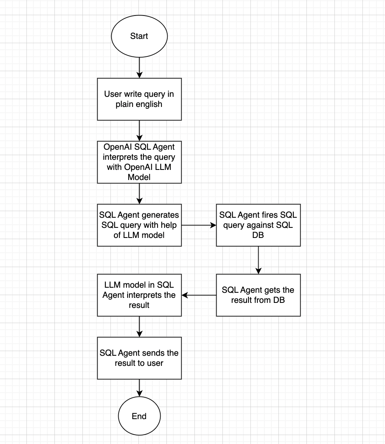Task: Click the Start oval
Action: [x=139, y=36]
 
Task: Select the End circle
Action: [x=139, y=416]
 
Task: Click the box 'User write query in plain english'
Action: [x=139, y=99]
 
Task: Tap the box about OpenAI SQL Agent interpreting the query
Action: [x=139, y=162]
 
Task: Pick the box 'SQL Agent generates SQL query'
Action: [x=139, y=225]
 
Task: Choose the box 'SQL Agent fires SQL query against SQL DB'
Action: [x=258, y=225]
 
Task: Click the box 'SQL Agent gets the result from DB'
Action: [x=258, y=295]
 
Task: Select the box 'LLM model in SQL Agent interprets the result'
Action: [x=139, y=295]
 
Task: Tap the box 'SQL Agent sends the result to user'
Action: [x=139, y=358]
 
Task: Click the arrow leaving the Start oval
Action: [x=139, y=68]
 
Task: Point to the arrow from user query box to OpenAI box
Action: [x=139, y=131]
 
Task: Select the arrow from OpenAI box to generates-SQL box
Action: [x=139, y=194]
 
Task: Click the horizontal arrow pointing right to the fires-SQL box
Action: [x=199, y=225]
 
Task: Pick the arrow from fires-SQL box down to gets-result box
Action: [x=258, y=260]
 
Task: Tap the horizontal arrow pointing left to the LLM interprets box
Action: [x=199, y=295]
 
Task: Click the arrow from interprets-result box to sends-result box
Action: [x=139, y=327]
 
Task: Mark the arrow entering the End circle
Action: [x=139, y=388]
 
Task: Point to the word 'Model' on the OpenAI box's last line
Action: [x=139, y=177]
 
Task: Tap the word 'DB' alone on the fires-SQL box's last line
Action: [x=258, y=235]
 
